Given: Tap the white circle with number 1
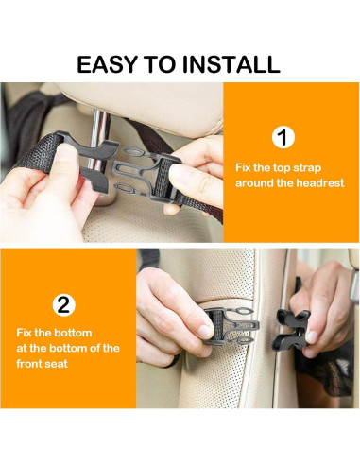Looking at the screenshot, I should click(x=283, y=137).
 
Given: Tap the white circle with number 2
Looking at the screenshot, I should click(x=62, y=304).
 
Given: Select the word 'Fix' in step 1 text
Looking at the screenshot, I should click(x=246, y=167).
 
